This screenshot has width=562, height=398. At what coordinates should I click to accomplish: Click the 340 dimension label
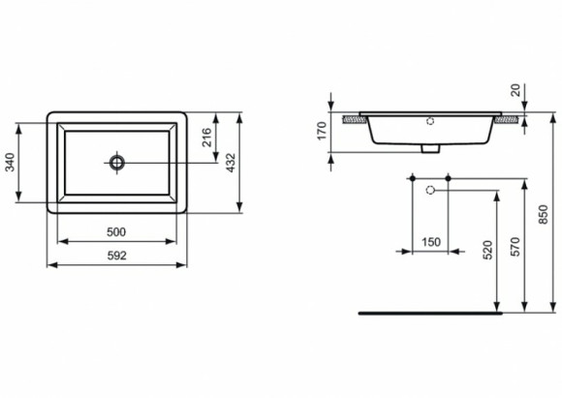[x=11, y=163]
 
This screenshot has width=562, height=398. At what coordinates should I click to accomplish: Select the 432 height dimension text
[x=230, y=163]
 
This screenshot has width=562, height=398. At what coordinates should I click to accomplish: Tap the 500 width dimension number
[x=117, y=233]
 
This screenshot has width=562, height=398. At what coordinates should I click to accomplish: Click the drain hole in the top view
[x=117, y=162]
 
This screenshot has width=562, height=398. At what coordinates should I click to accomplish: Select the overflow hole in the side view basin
[x=430, y=122]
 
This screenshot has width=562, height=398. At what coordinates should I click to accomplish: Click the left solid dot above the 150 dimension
[x=413, y=179]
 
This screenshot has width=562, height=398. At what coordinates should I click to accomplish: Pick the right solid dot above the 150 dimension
[x=449, y=179]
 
